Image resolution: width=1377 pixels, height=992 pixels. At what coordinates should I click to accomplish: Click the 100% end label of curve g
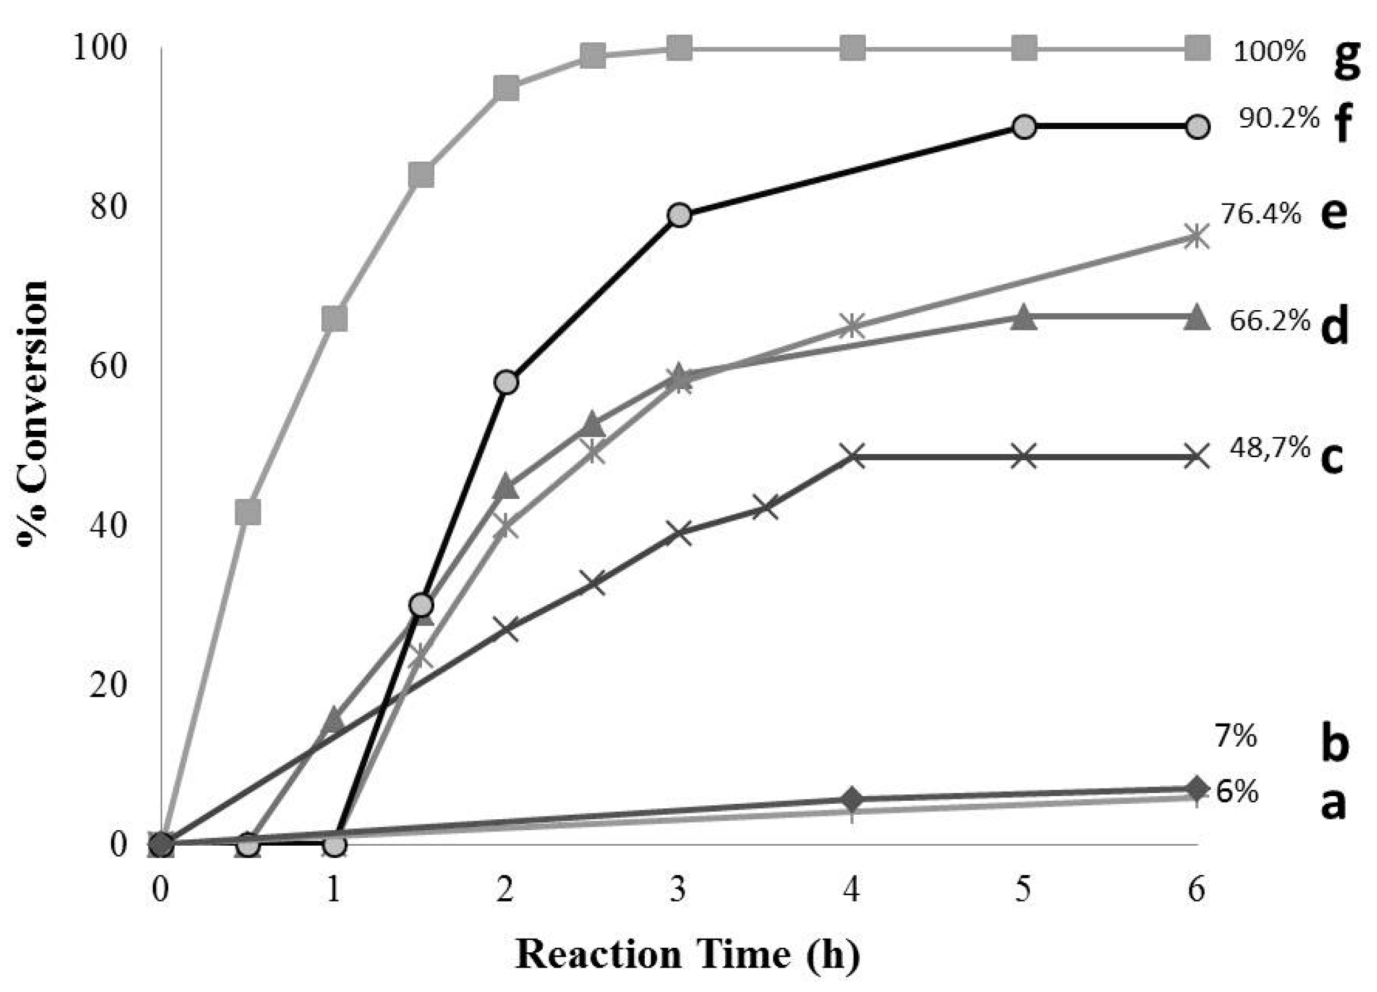click(x=1269, y=51)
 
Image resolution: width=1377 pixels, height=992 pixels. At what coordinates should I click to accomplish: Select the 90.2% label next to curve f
click(x=1279, y=118)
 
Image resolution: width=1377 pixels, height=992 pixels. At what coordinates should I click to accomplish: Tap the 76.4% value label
click(x=1261, y=214)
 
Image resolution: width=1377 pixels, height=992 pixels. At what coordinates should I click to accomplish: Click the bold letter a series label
click(x=1333, y=802)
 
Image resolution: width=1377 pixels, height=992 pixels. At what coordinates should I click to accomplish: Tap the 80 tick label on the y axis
click(x=109, y=208)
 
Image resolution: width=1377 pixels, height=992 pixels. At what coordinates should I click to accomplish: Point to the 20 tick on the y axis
click(x=109, y=686)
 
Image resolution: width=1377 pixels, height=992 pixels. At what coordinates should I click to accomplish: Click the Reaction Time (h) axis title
click(x=687, y=955)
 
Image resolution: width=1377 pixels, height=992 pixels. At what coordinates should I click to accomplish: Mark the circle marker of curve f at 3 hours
click(x=679, y=215)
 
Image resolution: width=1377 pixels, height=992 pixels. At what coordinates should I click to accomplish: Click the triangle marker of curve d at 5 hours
click(x=1024, y=317)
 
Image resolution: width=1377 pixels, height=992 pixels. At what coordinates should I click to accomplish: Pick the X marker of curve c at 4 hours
click(x=852, y=457)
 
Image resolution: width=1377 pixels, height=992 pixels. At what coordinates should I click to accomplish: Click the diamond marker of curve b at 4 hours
click(x=852, y=799)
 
